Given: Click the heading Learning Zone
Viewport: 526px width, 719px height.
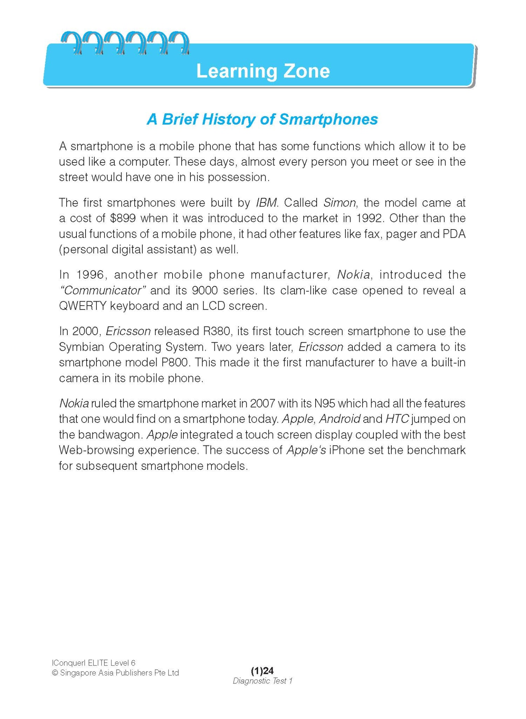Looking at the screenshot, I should (x=263, y=71).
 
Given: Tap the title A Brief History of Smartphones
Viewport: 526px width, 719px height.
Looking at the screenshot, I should (x=262, y=119).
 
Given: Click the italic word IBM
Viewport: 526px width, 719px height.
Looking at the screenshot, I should (x=266, y=203).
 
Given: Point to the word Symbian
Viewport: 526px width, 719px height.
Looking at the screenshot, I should (x=82, y=347).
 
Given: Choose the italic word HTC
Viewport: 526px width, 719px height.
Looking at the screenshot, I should (x=397, y=419).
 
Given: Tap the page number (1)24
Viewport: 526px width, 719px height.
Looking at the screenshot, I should (x=262, y=671).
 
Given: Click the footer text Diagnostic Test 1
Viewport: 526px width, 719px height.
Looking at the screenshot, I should (x=262, y=681).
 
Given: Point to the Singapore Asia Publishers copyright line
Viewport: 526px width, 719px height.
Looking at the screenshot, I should (x=115, y=673).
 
